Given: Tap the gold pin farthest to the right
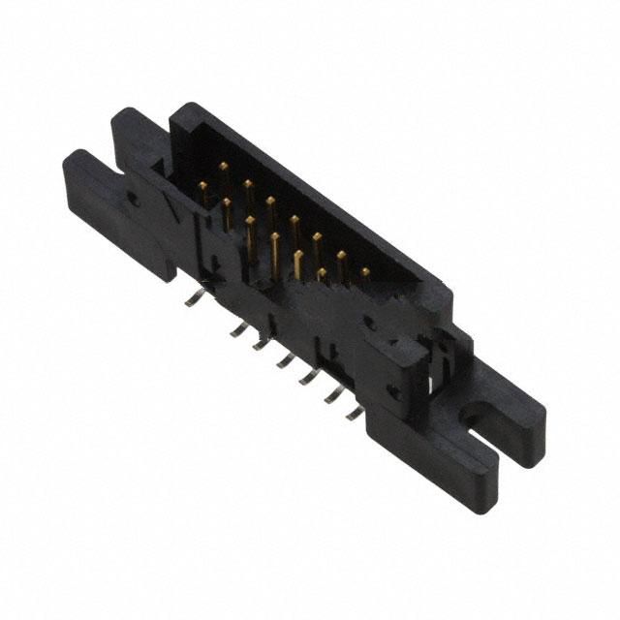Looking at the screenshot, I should [x=365, y=274].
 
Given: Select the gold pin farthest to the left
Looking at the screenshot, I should [x=203, y=184].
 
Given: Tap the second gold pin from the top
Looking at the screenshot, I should [x=248, y=183].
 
